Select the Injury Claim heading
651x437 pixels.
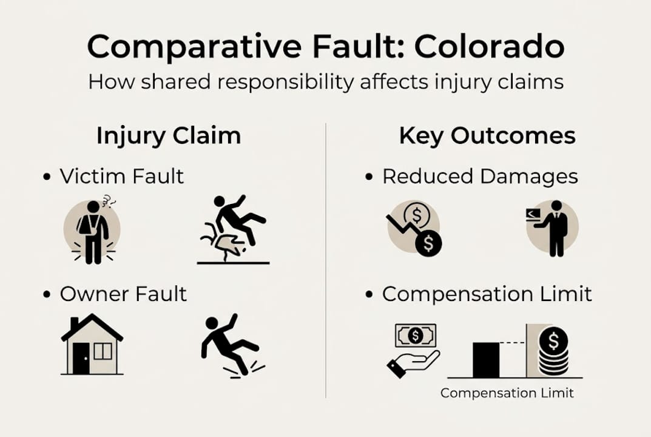point(169,136)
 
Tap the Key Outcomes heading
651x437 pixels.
point(487,136)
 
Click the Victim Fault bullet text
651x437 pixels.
point(121,177)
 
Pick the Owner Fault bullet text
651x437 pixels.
point(123,294)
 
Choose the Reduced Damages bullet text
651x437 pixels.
point(480,177)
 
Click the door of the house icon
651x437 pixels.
point(81,357)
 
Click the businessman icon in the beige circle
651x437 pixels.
point(552,227)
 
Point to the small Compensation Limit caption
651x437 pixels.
point(507,393)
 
